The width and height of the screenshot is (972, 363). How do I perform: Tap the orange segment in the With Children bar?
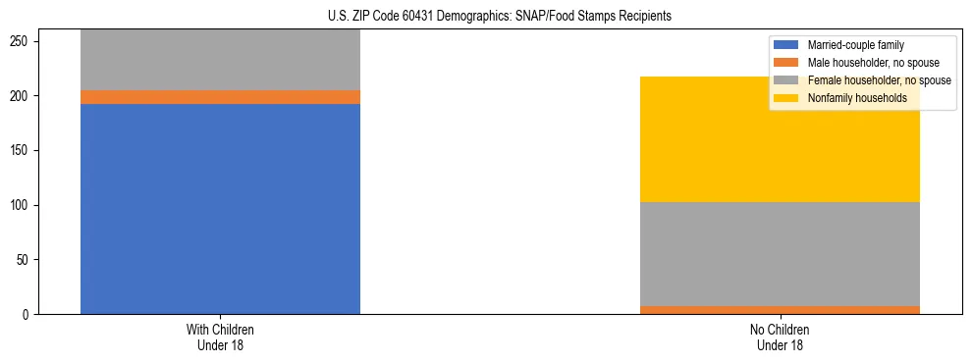pos(220,97)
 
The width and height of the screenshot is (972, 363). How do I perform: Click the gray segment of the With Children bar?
pos(220,60)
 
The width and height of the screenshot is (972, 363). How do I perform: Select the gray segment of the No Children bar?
pos(780,254)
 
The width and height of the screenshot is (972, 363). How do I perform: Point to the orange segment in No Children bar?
pos(780,310)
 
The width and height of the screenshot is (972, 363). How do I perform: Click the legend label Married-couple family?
pos(855,45)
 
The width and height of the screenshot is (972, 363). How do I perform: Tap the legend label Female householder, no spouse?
pos(879,80)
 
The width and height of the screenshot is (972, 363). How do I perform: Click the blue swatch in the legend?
pos(786,45)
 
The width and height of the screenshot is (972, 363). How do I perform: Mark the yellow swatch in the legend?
pos(786,98)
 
